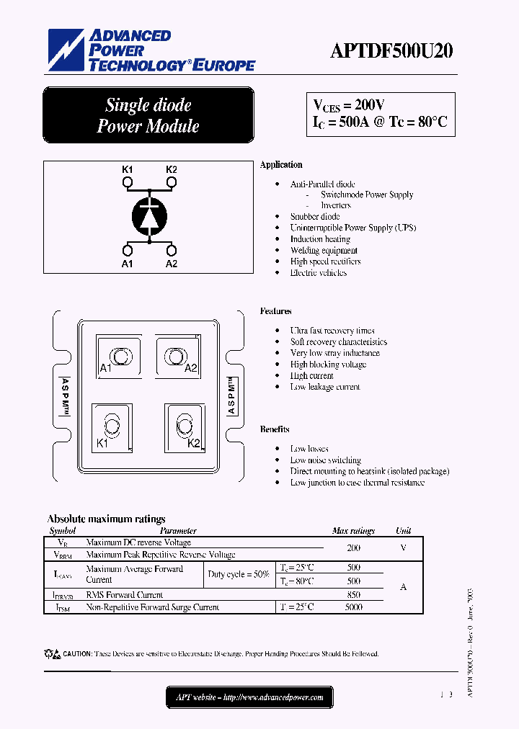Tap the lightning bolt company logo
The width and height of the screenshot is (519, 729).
pyautogui.click(x=66, y=50)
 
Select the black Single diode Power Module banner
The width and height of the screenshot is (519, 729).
pyautogui.click(x=148, y=115)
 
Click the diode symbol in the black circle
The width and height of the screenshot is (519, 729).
pyautogui.click(x=149, y=215)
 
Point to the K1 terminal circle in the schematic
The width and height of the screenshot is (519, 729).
pyautogui.click(x=128, y=184)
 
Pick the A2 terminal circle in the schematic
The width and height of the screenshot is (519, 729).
pyautogui.click(x=172, y=250)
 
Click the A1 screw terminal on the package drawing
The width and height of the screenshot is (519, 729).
pyautogui.click(x=117, y=357)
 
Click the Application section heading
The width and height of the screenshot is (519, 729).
pyautogui.click(x=281, y=165)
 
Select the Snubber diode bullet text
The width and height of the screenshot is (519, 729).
pyautogui.click(x=315, y=217)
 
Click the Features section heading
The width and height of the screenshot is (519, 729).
pyautogui.click(x=275, y=311)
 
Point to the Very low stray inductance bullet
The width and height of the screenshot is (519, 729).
pyautogui.click(x=334, y=353)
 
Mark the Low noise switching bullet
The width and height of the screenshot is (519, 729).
pyautogui.click(x=325, y=460)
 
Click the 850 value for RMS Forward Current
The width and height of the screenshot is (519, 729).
pyautogui.click(x=353, y=595)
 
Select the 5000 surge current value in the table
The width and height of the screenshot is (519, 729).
pyautogui.click(x=353, y=607)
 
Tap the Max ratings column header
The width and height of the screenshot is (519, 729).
pyautogui.click(x=353, y=531)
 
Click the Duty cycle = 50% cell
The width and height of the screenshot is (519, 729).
pyautogui.click(x=238, y=574)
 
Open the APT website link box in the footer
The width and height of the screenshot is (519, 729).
pyautogui.click(x=249, y=697)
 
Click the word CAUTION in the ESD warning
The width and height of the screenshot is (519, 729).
pyautogui.click(x=77, y=654)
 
